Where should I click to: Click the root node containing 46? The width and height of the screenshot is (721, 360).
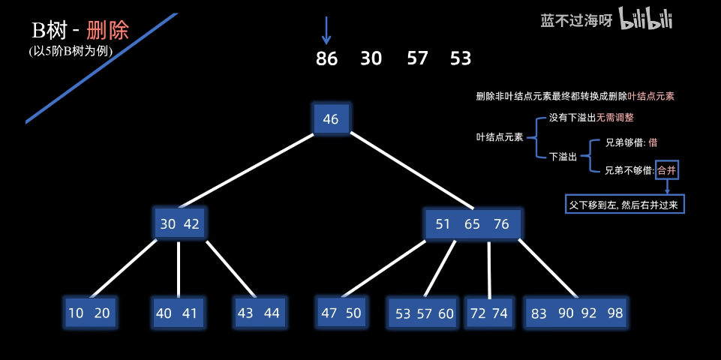pos(331,119)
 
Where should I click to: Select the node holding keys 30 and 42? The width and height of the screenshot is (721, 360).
pos(180,223)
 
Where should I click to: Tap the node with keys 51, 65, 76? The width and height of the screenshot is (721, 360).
pos(473,224)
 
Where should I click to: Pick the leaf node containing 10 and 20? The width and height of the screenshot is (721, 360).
pos(89,313)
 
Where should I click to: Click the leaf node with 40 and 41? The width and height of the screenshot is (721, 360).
pos(178,313)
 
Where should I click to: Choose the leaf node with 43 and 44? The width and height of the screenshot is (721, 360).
pos(258,313)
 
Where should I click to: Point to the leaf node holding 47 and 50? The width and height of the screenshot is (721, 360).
pos(341,313)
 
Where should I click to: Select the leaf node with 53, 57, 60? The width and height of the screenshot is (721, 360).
pos(425,313)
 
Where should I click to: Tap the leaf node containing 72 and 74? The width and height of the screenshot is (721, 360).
pos(489,313)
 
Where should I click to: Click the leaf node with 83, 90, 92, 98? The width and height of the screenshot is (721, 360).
pos(576,313)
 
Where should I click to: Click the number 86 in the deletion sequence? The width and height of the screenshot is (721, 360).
pos(326,58)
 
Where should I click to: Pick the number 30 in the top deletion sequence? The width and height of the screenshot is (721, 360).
pos(371,58)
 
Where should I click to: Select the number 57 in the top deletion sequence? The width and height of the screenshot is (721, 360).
pos(417,58)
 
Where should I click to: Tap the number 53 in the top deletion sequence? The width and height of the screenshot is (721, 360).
pos(461,58)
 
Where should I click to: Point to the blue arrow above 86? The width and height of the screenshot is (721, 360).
pos(326,30)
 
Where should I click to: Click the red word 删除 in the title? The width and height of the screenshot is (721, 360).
pos(107,30)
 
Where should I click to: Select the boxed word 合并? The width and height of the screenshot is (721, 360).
pos(666,170)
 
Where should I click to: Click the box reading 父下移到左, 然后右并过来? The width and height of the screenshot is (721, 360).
pos(625,203)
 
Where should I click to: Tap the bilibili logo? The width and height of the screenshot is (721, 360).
pos(646,20)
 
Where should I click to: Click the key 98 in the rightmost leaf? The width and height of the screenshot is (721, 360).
pos(615,313)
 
